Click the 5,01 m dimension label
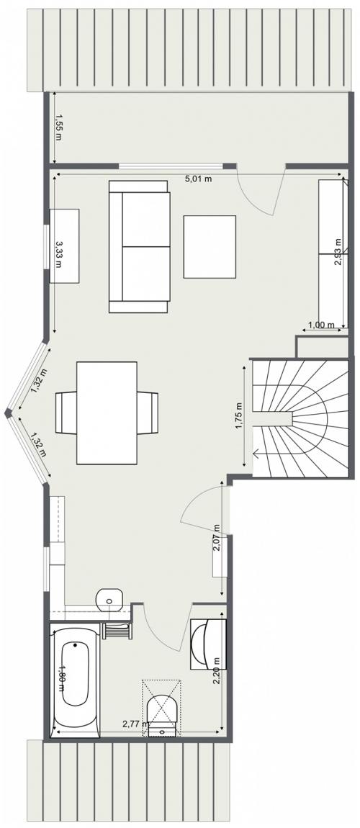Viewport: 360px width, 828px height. (198, 179)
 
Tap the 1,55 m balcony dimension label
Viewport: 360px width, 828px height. (58, 127)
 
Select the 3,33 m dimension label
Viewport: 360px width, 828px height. (58, 254)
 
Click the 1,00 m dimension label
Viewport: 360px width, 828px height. (321, 325)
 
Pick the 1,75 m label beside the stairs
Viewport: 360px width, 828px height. (239, 416)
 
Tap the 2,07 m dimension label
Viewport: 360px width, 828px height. (217, 538)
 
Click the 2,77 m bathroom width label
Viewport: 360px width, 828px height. (136, 724)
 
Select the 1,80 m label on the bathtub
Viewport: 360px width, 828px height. (62, 677)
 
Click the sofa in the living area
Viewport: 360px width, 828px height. (140, 247)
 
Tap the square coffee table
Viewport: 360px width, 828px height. (210, 247)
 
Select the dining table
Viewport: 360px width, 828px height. (107, 413)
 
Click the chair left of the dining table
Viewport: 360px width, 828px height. (66, 413)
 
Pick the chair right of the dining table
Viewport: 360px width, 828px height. (148, 413)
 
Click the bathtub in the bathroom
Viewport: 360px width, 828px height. (75, 680)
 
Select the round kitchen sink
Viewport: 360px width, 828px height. (109, 599)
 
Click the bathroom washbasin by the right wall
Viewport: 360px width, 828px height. (208, 643)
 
